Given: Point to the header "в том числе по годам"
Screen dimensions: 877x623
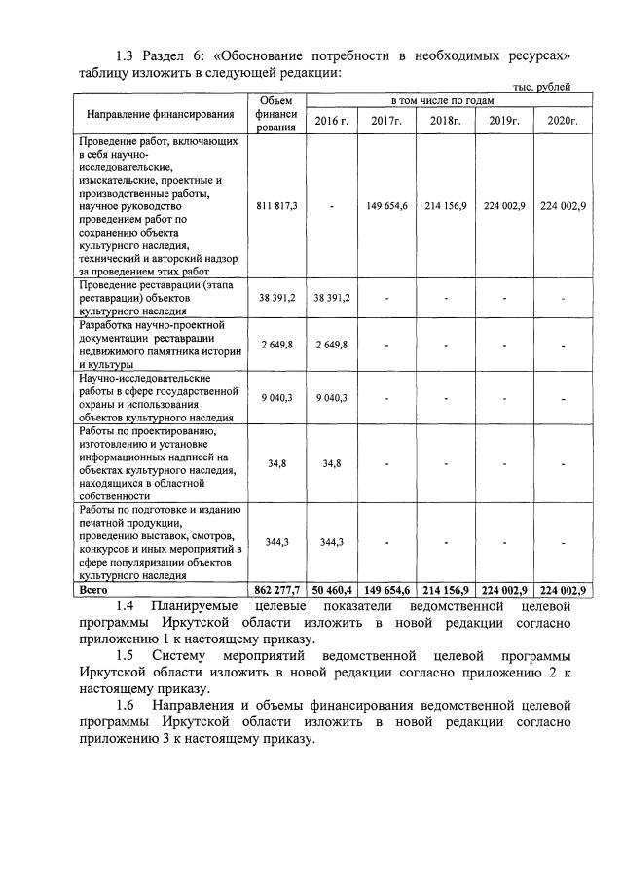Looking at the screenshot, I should [x=443, y=100].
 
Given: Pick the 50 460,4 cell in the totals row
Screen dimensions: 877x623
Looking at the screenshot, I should [x=331, y=590].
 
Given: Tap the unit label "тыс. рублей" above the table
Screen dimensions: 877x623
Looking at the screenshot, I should [x=541, y=87].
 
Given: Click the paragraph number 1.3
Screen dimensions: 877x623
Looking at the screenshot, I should [x=128, y=55].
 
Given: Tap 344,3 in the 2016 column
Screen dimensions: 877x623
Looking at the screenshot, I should [x=331, y=542].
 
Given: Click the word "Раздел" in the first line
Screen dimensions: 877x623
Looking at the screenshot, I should [x=178, y=55].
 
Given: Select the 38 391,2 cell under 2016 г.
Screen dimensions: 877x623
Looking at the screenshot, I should [x=331, y=298].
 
